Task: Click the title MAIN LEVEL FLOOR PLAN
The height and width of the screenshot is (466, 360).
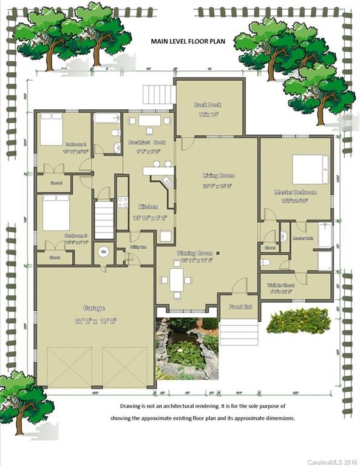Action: tap(187, 42)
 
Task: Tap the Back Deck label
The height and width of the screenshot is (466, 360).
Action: tap(208, 104)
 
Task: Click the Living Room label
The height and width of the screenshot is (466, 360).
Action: tap(218, 175)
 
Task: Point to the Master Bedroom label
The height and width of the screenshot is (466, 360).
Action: tap(296, 192)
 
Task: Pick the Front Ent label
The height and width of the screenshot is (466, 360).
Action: tap(240, 307)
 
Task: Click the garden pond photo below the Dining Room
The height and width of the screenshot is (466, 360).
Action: tap(187, 349)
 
